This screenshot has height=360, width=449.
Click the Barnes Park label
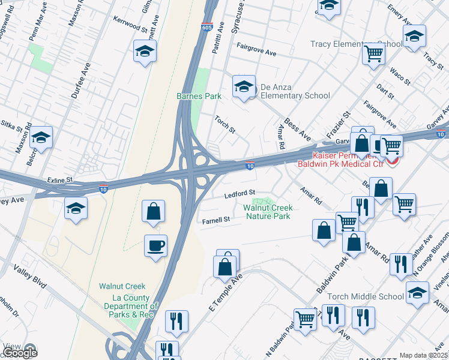199,96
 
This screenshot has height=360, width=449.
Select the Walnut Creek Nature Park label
267,212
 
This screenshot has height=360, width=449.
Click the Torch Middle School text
366,296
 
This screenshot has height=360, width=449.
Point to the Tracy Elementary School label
357,44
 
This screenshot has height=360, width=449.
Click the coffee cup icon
155,246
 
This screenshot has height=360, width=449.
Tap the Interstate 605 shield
206,27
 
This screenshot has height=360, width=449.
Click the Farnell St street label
216,220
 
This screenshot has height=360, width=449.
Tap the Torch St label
225,124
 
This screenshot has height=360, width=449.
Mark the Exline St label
60,179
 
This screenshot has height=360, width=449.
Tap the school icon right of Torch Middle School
418,293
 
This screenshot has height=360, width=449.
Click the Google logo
19,352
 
